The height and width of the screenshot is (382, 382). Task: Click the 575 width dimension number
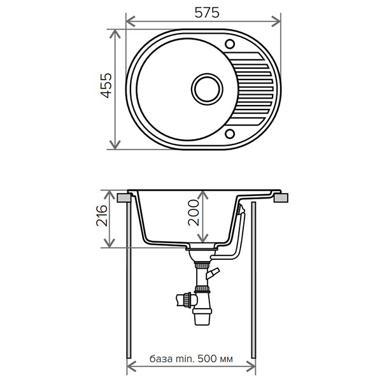[x=207, y=13]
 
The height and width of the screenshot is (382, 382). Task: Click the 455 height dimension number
[x=106, y=85]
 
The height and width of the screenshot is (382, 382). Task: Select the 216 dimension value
[x=102, y=216]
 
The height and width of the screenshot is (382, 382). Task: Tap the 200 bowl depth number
[x=194, y=213]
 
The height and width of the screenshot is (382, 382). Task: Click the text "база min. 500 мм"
[x=191, y=359]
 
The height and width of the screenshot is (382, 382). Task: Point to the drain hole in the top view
[x=207, y=89]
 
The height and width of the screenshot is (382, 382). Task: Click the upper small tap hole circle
[x=229, y=45]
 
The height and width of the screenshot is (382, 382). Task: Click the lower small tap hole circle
[x=229, y=134]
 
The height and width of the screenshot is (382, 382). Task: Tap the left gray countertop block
[x=124, y=197]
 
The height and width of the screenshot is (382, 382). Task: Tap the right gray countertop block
[x=281, y=197]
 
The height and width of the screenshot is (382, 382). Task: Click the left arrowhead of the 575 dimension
[x=131, y=22]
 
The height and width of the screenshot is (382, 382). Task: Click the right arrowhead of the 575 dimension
[x=276, y=22]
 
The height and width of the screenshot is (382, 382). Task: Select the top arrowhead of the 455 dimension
[x=115, y=34]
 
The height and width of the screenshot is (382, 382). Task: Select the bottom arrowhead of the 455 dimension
[x=115, y=145]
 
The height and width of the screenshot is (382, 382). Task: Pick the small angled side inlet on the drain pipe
[x=213, y=273]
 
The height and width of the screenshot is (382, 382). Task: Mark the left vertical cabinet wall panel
[x=129, y=280]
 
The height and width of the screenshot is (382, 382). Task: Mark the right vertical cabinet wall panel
[x=253, y=280]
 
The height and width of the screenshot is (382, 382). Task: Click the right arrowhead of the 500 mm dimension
[x=251, y=367]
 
